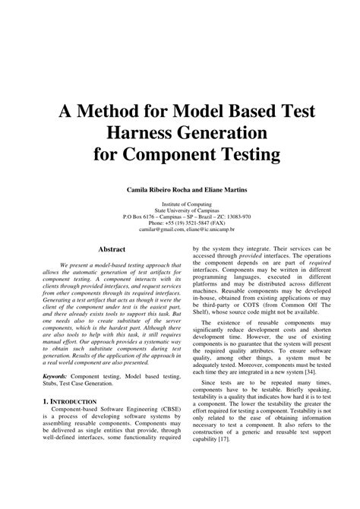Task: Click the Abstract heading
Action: point(111,249)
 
